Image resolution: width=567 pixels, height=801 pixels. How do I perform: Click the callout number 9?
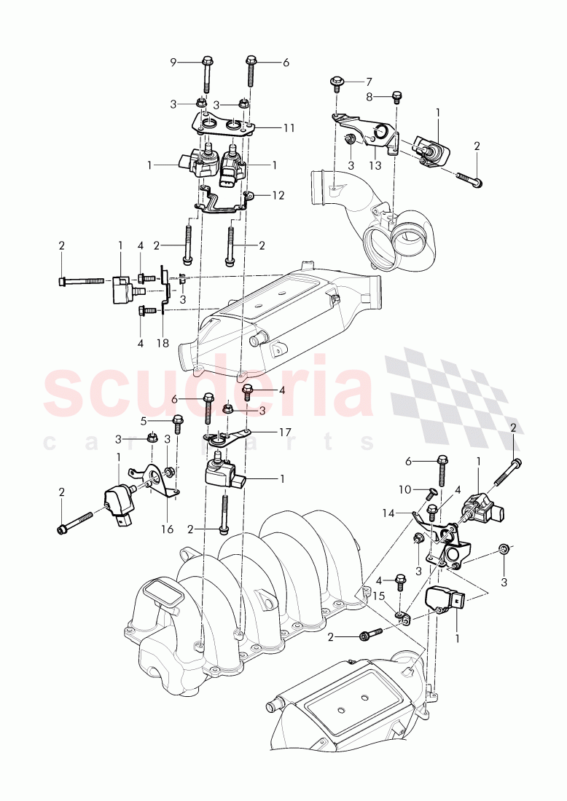tap(173, 62)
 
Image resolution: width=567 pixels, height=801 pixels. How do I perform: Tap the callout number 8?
tap(370, 96)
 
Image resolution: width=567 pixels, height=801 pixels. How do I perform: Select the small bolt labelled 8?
tap(397, 96)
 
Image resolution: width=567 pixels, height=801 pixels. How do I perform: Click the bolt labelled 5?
tap(177, 425)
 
